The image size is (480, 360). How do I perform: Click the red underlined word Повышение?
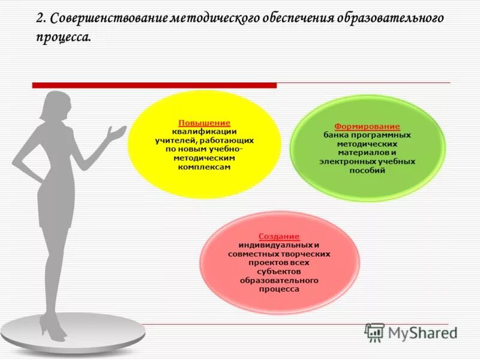pos(204,123)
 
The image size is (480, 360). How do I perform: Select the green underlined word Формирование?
pos(367,127)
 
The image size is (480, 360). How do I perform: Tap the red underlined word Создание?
pos(279,237)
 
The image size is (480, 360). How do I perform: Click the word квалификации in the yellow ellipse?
pos(204,131)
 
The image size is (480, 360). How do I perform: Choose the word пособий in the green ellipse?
pos(367,170)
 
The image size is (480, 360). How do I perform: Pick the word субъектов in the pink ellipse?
pos(279,271)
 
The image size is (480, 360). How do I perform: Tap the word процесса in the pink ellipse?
pos(279,289)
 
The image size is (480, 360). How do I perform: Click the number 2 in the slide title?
pos(40,19)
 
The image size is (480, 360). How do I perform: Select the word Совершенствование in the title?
pos(105,19)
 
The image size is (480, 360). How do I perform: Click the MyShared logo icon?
pos(374,332)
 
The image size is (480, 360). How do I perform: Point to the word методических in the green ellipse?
pos(367,144)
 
